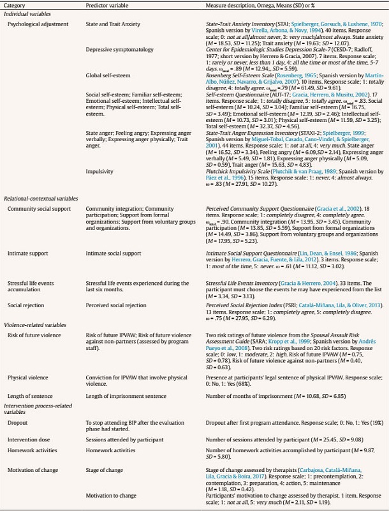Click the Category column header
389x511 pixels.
tap(15, 5)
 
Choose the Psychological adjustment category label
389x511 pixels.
tap(37, 24)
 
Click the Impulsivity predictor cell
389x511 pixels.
tap(100, 171)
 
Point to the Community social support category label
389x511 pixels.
tap(38, 209)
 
